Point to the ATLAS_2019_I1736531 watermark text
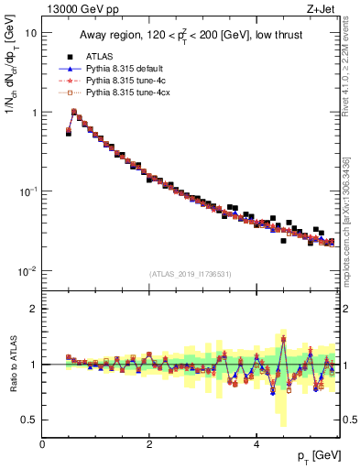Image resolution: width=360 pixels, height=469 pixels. pyautogui.click(x=191, y=274)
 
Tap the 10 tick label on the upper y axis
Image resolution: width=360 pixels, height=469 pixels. pyautogui.click(x=30, y=33)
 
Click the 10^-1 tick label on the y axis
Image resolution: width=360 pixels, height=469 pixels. pyautogui.click(x=27, y=191)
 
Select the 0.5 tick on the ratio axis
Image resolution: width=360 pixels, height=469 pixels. pyautogui.click(x=29, y=420)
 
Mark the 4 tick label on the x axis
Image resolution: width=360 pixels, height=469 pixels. pyautogui.click(x=256, y=443)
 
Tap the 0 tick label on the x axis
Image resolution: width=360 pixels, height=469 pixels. pyautogui.click(x=42, y=443)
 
